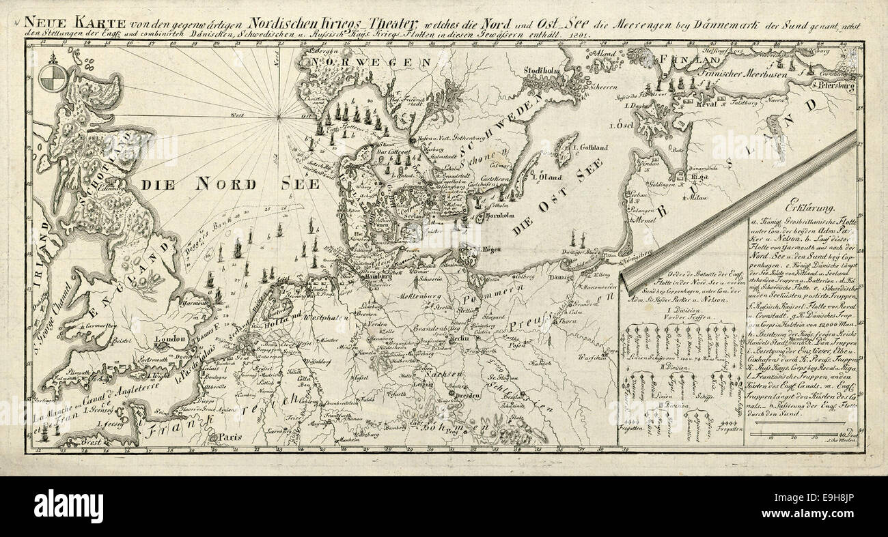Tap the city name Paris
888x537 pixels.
(227, 436)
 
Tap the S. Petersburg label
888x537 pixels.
(835, 86)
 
